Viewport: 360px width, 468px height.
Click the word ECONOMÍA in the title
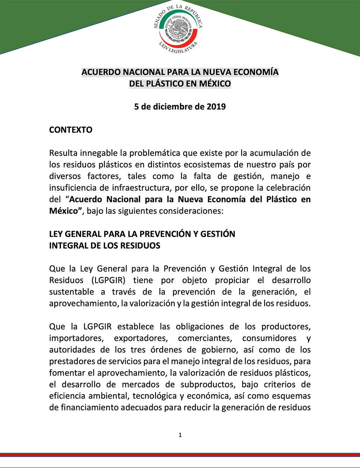tap(256, 72)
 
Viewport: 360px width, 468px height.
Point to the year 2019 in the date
tap(216, 106)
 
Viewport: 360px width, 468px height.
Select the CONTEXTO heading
tap(71, 130)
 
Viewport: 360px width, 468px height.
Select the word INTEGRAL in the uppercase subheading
tap(66, 246)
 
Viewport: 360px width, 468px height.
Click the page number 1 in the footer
tap(180, 435)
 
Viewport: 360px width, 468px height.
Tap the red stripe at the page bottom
tap(180, 455)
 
